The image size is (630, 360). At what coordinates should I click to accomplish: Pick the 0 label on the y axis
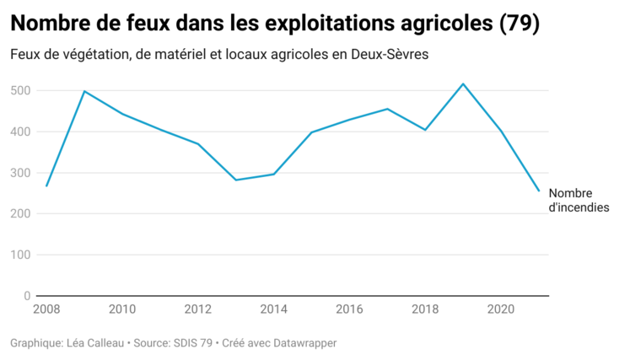pos(28,296)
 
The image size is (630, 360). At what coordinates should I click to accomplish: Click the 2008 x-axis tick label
pos(46,309)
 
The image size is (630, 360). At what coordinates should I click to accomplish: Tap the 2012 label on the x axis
pos(198,309)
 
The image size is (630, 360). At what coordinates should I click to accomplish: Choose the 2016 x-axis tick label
pos(350,309)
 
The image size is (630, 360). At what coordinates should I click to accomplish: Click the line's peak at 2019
pos(463,83)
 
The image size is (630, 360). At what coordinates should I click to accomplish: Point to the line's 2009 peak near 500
pos(84,91)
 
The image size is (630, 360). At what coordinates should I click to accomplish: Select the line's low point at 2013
pos(235,180)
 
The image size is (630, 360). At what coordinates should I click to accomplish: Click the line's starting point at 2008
pos(46,185)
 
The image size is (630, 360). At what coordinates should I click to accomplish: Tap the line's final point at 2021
pos(539,191)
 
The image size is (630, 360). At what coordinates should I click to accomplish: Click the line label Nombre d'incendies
pos(578,200)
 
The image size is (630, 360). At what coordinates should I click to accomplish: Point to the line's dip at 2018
pos(425,130)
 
